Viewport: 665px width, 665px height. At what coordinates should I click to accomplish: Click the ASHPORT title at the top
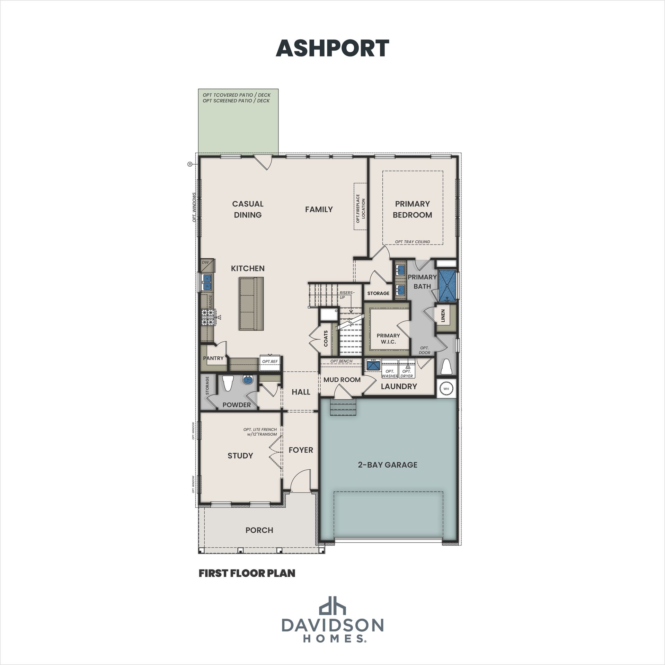click(x=332, y=48)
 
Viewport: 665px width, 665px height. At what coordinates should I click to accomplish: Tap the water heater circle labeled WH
click(x=446, y=389)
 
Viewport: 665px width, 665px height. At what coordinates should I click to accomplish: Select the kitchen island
click(x=251, y=304)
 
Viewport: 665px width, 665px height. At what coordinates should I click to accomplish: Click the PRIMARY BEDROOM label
click(x=413, y=209)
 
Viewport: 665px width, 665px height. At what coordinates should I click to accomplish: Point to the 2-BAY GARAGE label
click(x=388, y=465)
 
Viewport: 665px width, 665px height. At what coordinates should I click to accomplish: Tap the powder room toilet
click(x=228, y=383)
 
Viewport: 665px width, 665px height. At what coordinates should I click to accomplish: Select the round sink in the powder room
click(x=247, y=380)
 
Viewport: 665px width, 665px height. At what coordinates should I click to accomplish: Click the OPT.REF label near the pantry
click(x=270, y=362)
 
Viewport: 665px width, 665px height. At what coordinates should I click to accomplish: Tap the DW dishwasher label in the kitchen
click(x=205, y=262)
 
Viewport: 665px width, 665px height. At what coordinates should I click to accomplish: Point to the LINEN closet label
click(x=443, y=316)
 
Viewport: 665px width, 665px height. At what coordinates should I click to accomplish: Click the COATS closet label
click(x=326, y=338)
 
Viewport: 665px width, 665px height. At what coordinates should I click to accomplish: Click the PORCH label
click(x=259, y=530)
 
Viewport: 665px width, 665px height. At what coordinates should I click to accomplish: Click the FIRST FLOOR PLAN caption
click(x=247, y=573)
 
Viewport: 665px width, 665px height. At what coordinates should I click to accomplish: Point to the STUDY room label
click(x=240, y=456)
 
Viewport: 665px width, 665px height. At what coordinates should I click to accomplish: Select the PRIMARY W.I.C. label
click(x=388, y=339)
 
